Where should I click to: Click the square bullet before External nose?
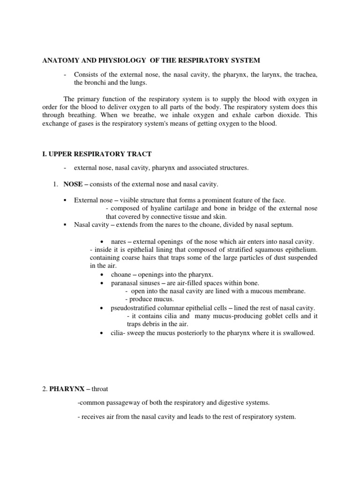pos(65,200)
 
